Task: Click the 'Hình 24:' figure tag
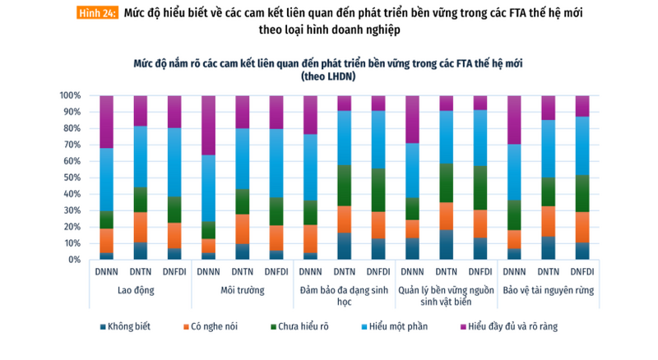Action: [97, 14]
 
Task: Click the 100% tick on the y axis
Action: [69, 95]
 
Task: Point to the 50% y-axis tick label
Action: [71, 178]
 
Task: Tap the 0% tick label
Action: [73, 260]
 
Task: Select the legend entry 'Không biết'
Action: [128, 326]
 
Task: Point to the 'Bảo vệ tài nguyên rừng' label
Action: [549, 290]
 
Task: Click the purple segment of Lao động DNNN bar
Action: [106, 122]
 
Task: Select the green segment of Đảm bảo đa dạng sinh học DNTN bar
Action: [345, 185]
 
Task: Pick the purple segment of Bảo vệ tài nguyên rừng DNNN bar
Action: [515, 120]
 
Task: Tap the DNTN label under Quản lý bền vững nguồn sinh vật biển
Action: [447, 271]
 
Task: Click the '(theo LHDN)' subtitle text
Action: [328, 76]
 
